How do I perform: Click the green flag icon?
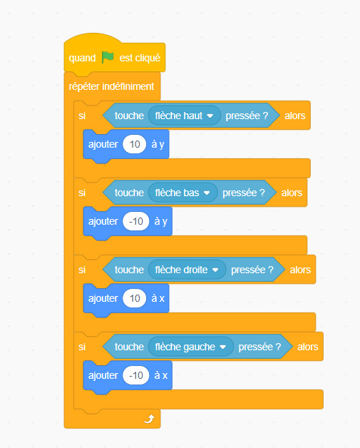point(108,58)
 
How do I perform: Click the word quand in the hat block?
point(82,58)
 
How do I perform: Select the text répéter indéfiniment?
point(111,86)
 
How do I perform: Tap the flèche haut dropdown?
point(184,116)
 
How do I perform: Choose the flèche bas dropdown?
point(182,193)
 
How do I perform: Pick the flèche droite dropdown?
point(187,270)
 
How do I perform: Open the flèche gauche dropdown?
point(191,347)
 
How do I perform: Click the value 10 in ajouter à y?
point(135,144)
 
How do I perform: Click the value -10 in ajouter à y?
point(136,221)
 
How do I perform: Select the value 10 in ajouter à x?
point(135,298)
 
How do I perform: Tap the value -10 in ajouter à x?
point(136,375)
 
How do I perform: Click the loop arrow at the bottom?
point(149,419)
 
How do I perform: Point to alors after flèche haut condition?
point(295,116)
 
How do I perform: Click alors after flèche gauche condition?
point(308,347)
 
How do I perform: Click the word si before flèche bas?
point(82,193)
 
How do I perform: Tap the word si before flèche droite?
point(82,270)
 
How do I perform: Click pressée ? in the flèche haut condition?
point(247,116)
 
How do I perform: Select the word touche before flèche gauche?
point(129,347)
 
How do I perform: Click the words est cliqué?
point(140,58)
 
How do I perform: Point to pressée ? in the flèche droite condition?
point(252,270)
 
